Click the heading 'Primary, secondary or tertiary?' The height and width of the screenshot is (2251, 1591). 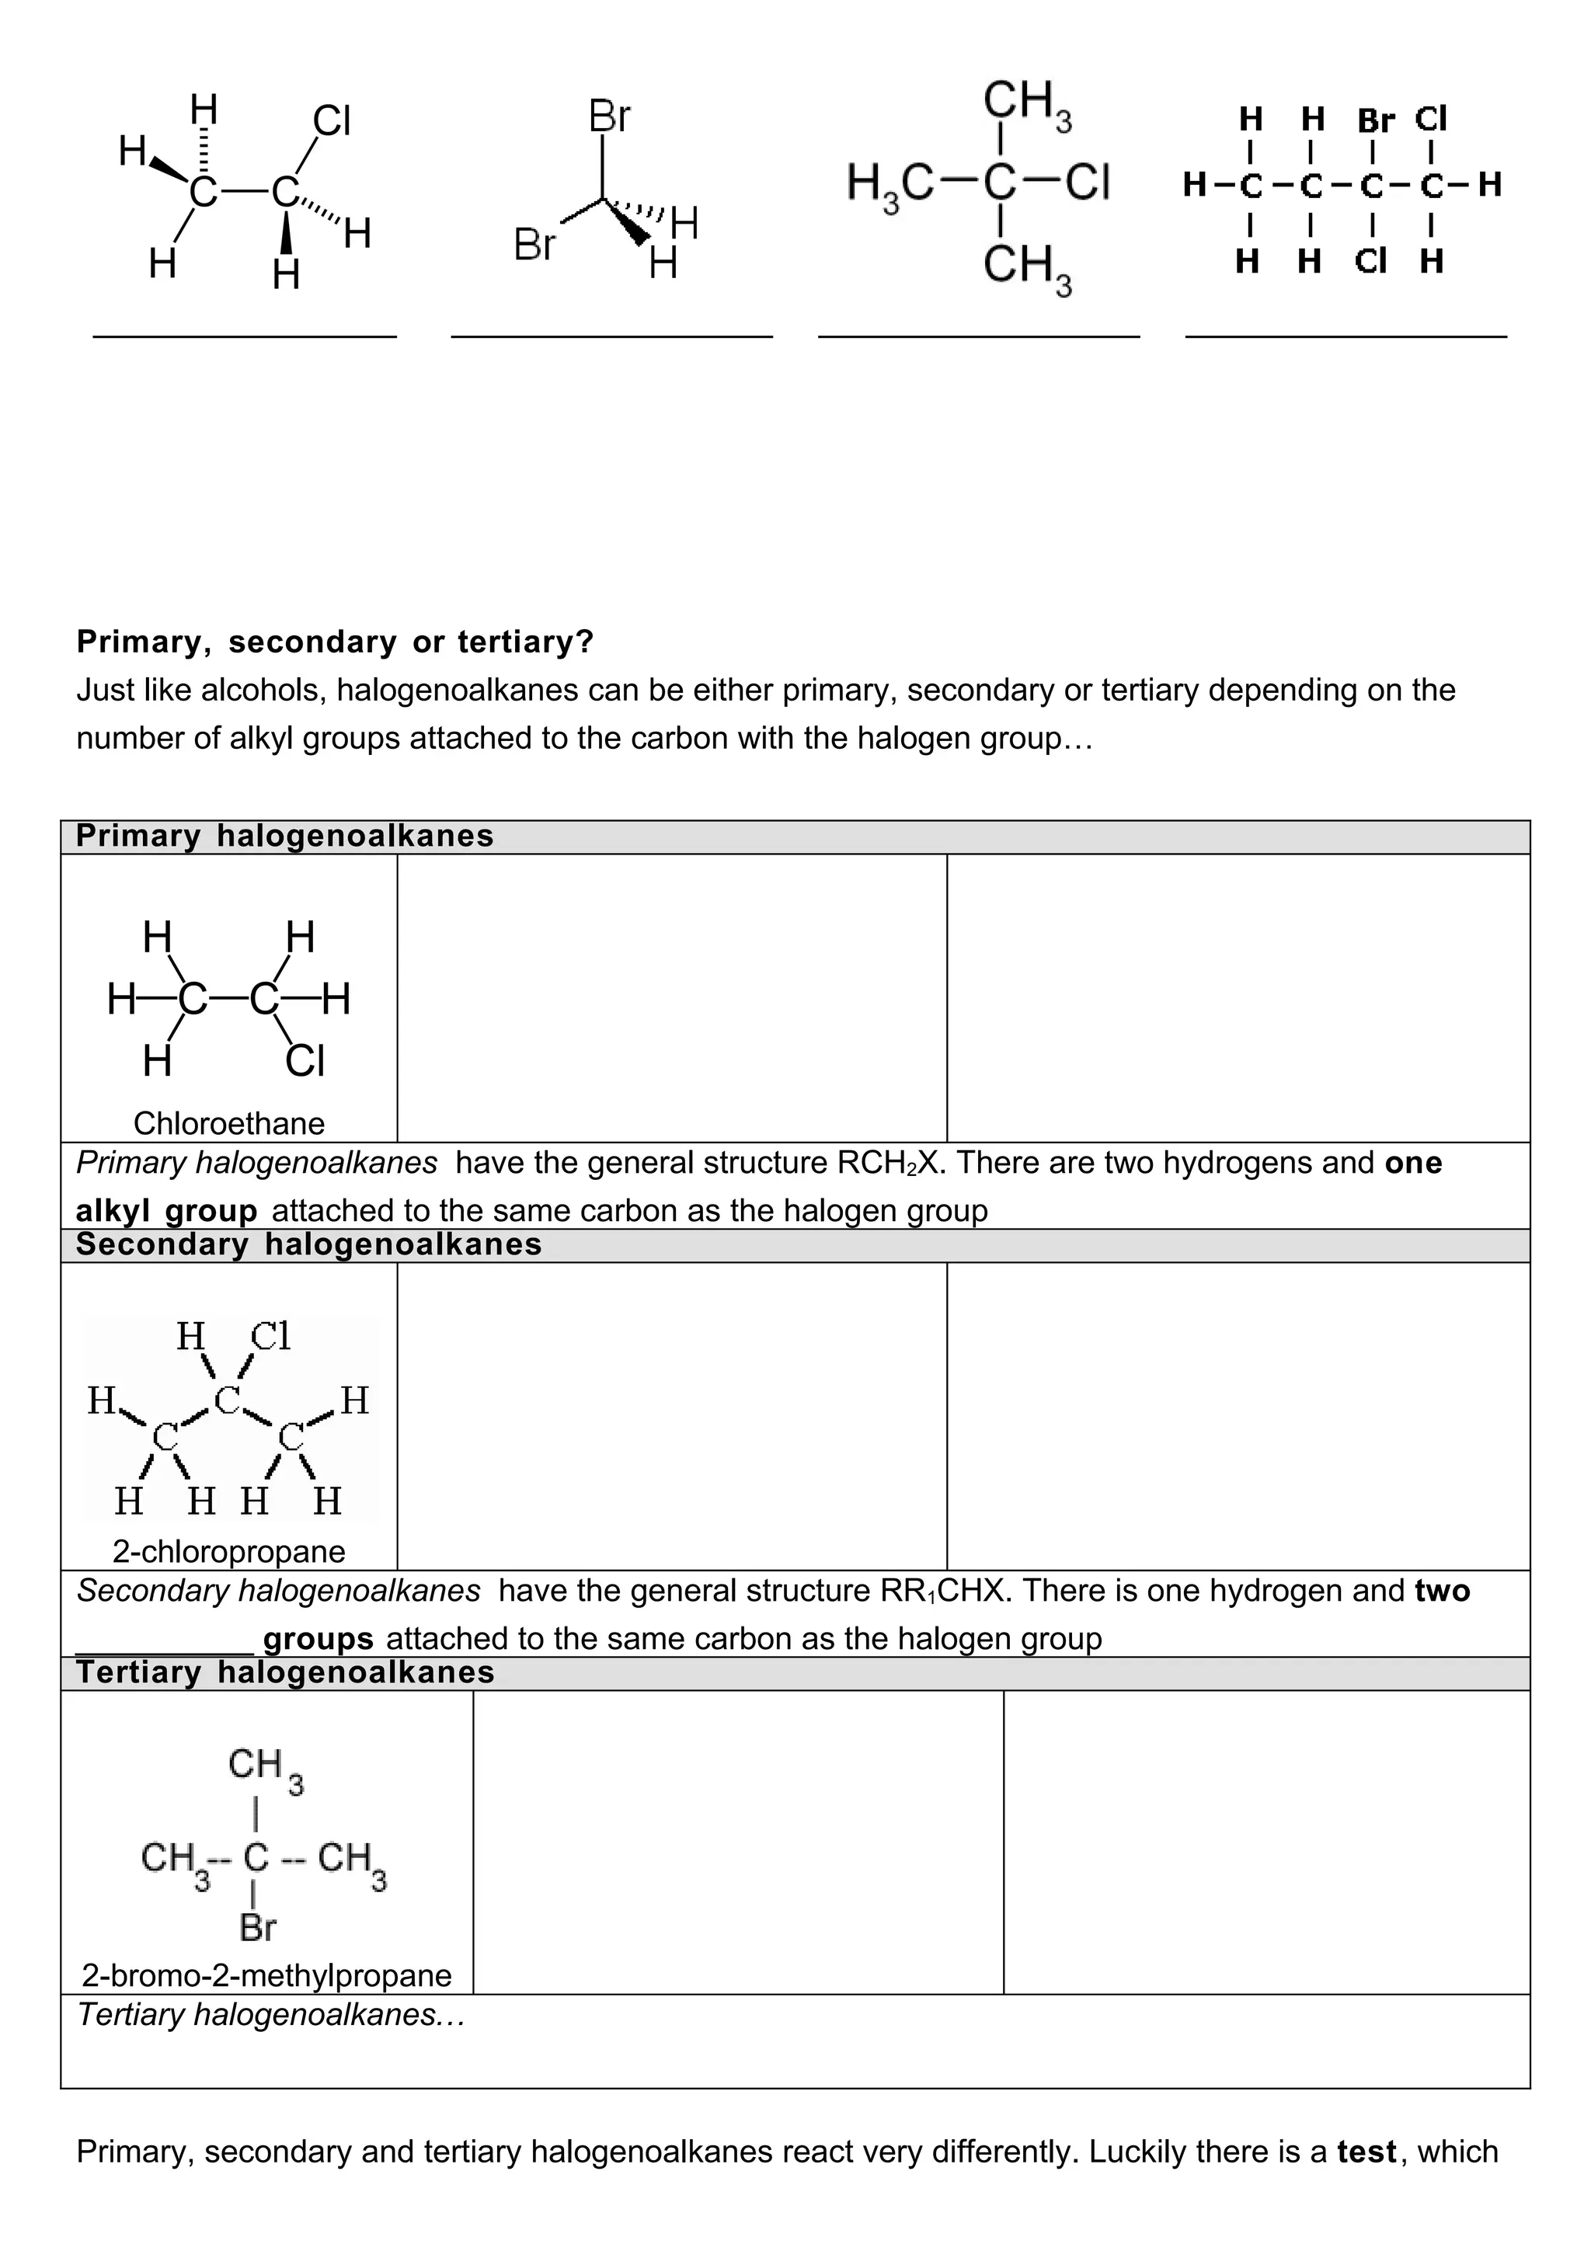pos(336,642)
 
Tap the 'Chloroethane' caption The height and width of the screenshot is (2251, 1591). pos(228,1122)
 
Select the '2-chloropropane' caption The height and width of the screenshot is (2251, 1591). pos(228,1551)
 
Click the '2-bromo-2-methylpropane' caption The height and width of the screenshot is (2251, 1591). pos(266,1974)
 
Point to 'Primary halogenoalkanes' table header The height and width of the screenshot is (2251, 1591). pos(284,837)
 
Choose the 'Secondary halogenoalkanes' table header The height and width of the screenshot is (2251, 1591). pos(308,1244)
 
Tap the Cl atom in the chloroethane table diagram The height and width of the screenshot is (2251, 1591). pos(305,1061)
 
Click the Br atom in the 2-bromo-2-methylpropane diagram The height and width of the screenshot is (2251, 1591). pos(258,1927)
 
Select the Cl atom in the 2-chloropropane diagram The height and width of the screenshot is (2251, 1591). pos(270,1336)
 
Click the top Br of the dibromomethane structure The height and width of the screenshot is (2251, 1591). pos(609,117)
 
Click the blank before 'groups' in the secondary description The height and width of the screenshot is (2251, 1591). pos(165,1639)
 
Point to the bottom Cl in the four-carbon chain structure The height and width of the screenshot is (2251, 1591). pos(1370,262)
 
